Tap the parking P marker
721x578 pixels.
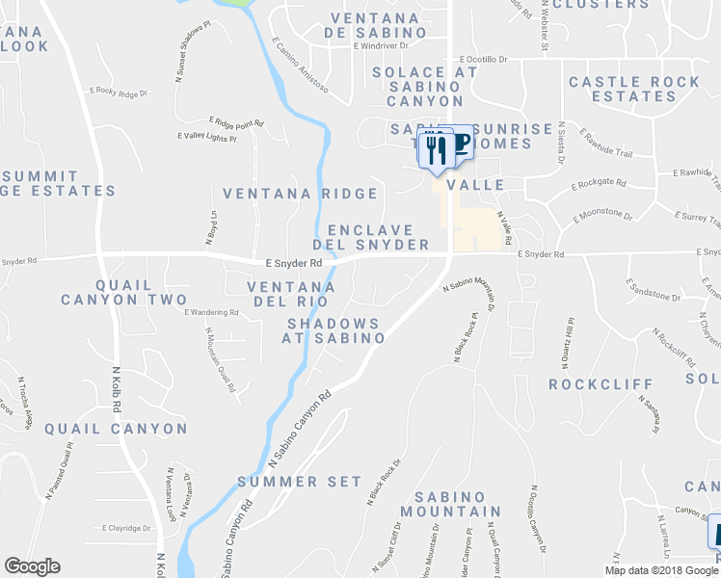[461, 143]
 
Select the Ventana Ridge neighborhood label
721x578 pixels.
[301, 194]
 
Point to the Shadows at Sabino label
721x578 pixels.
[334, 330]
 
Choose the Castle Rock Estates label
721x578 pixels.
[634, 90]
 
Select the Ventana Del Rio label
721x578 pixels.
[290, 295]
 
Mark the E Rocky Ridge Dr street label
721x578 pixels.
[120, 93]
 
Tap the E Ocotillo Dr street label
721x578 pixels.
[483, 60]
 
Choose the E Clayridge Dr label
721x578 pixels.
[128, 528]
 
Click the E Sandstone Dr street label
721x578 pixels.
[653, 290]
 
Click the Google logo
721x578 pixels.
[32, 566]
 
